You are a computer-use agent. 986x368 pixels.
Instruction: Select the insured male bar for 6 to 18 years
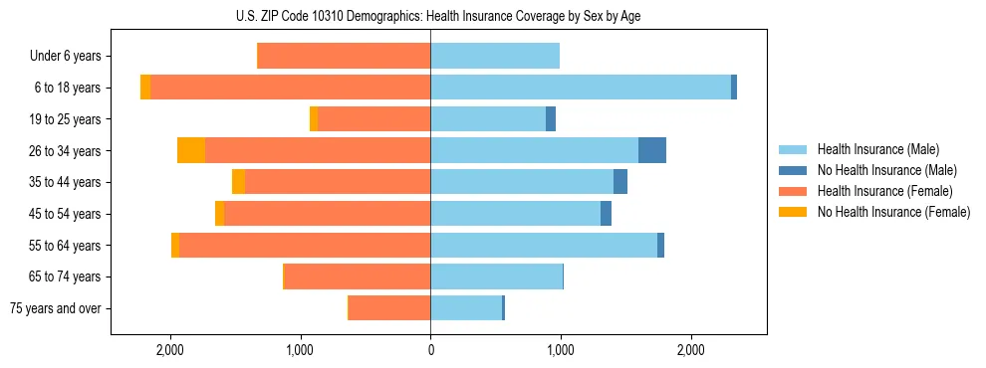[580, 88]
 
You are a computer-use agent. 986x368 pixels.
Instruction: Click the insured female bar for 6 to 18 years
[290, 88]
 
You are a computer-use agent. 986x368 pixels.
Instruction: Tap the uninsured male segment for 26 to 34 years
[652, 150]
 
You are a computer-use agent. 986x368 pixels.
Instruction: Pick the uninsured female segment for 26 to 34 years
[191, 150]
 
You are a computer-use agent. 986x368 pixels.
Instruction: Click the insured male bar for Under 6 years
[495, 56]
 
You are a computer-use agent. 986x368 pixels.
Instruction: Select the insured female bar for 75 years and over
[389, 308]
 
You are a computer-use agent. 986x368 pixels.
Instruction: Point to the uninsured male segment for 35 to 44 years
[620, 182]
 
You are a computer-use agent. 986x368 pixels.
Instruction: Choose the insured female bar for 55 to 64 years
[305, 245]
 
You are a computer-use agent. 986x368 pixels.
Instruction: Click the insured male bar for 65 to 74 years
[496, 276]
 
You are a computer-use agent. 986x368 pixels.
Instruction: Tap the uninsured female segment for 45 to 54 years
[220, 214]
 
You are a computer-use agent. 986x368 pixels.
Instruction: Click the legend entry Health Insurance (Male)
[877, 149]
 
